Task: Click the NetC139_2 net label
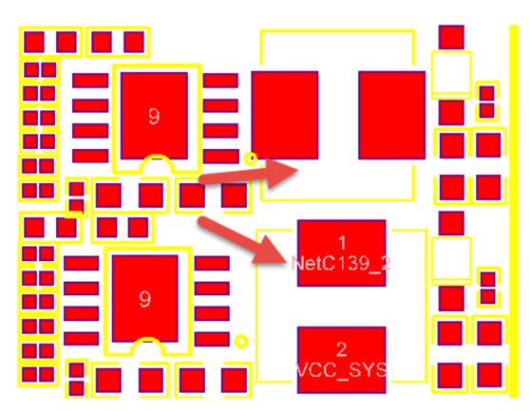tap(341, 263)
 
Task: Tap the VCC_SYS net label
tap(341, 370)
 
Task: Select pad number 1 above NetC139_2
tap(342, 242)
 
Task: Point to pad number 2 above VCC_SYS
tap(341, 349)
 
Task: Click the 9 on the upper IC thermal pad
tap(154, 117)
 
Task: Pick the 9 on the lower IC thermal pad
tap(144, 299)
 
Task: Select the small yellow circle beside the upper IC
tap(251, 159)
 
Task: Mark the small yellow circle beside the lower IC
tap(241, 342)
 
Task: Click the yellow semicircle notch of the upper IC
tap(157, 158)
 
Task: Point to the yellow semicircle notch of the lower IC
tap(148, 340)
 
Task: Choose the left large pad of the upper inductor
tap(285, 115)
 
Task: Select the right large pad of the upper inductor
tap(392, 115)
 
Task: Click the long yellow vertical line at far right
tap(514, 211)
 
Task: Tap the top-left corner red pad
tap(34, 42)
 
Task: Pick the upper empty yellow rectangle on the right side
tap(451, 75)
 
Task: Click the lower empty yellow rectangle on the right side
tap(451, 261)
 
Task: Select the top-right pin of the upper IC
tap(220, 81)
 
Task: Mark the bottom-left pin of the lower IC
tap(82, 339)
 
